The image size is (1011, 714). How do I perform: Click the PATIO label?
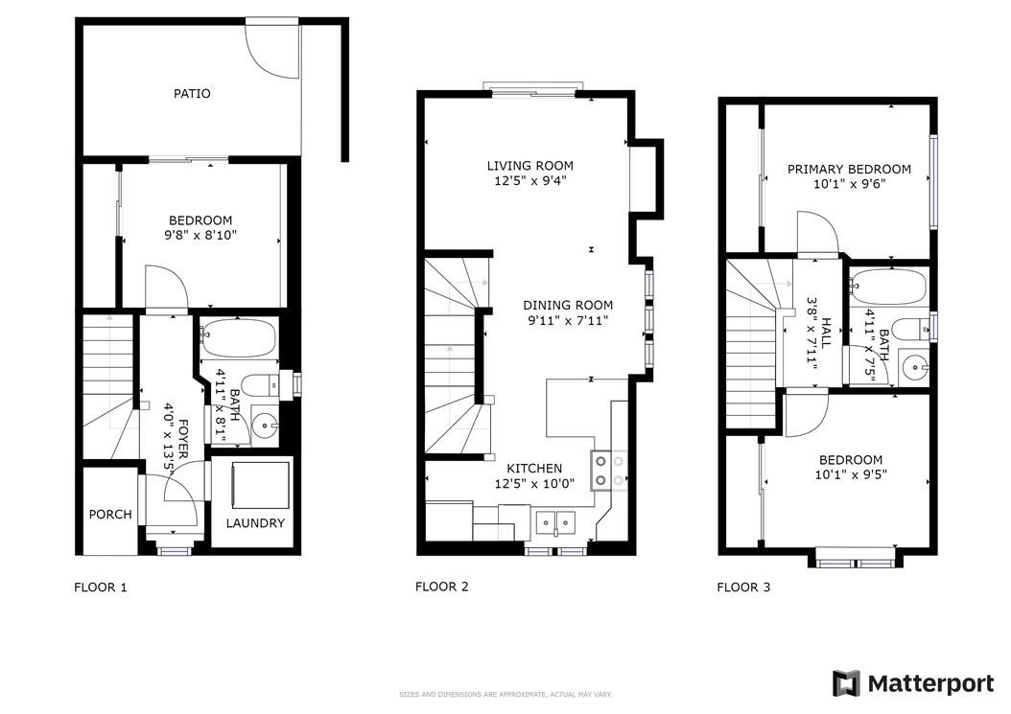pos(192,93)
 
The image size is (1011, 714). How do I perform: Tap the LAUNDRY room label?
pos(255,523)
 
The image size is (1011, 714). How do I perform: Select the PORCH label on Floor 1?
pos(110,515)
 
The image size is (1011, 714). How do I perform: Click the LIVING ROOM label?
pos(530,166)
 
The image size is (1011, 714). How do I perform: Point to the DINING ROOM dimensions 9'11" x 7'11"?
pos(568,320)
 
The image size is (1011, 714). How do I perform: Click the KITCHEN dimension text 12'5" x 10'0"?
pos(534,483)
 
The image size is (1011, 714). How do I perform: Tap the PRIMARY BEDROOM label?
pos(849,169)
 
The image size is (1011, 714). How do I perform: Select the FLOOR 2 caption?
pos(441,587)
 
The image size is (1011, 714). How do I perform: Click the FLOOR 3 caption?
pos(743,587)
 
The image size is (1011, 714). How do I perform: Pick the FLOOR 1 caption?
pos(101,587)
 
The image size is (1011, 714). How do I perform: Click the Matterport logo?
pos(913,683)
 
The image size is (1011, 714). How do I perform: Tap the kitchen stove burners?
pos(609,471)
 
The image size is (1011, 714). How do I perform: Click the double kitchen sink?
pos(555,520)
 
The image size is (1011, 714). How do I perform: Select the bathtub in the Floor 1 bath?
pos(238,338)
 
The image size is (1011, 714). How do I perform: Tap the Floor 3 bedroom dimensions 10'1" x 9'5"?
pos(851,475)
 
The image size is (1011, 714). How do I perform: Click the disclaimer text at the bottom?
pos(505,695)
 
